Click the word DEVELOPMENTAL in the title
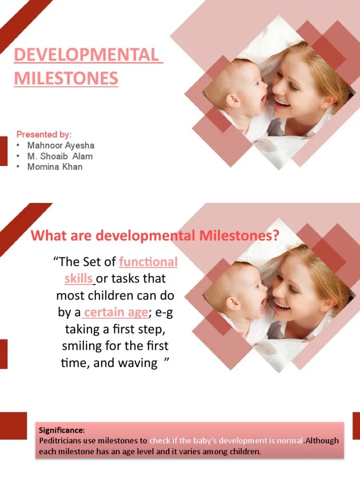click(x=88, y=55)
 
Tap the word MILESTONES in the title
click(x=66, y=78)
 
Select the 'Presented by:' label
click(x=44, y=135)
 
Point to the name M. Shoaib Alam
click(x=60, y=156)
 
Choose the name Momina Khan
click(x=55, y=166)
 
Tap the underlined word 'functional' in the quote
click(x=148, y=262)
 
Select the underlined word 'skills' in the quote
click(x=79, y=278)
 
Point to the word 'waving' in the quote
click(x=139, y=363)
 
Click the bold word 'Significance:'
click(x=61, y=430)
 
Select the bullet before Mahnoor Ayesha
click(x=17, y=146)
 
